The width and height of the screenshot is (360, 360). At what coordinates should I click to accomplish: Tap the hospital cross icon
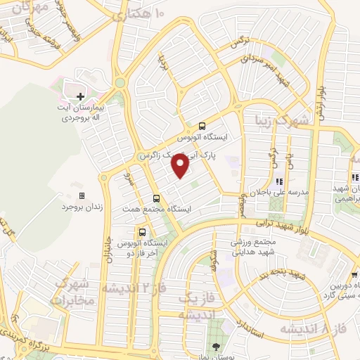(x=80, y=96)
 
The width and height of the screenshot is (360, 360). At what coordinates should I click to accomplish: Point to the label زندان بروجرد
(x=77, y=207)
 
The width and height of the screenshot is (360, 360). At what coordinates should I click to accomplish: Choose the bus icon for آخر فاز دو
(x=143, y=231)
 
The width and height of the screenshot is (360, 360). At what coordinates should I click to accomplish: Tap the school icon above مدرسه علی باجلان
(x=288, y=181)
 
